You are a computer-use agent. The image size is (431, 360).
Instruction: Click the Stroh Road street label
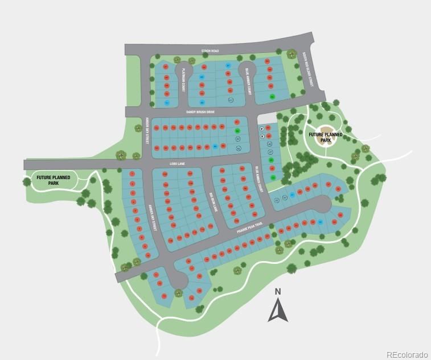pos(210,51)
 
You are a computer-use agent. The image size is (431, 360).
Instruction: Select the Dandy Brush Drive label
pos(200,112)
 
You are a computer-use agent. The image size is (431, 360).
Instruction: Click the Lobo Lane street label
pos(178,163)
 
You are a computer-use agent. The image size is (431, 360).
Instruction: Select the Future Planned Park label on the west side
pos(54,180)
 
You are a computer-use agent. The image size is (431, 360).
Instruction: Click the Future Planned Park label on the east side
pos(326,137)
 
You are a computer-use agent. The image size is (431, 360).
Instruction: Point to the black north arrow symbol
pos(278,311)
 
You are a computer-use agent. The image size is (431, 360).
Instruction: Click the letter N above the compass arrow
pos(278,292)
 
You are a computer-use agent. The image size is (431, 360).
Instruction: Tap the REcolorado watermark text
pos(407,355)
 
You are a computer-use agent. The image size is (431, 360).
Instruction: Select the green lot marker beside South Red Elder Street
pos(272,96)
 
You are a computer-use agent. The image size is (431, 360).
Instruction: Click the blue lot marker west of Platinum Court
pos(167,103)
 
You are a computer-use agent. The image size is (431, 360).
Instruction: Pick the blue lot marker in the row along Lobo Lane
pos(215,147)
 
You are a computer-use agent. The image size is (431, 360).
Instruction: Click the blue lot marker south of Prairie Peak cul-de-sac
pos(320,222)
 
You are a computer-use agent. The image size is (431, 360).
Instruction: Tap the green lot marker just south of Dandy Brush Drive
pos(238,131)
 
